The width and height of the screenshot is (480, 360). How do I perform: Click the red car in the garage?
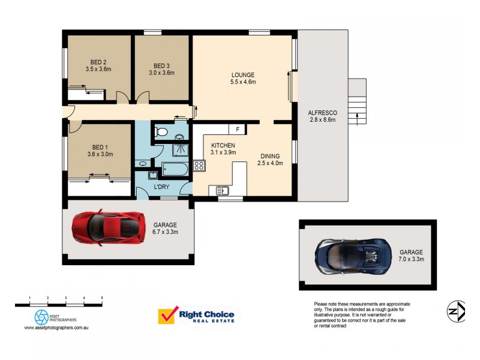(x=109, y=226)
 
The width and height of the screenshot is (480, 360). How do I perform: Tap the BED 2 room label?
(x=98, y=65)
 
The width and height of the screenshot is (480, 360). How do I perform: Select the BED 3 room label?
(x=161, y=69)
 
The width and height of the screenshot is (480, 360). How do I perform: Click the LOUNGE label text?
(x=244, y=79)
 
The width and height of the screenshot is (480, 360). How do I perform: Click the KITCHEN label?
(x=223, y=149)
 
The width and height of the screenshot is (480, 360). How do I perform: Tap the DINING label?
(x=269, y=160)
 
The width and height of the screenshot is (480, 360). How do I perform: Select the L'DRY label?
(x=161, y=187)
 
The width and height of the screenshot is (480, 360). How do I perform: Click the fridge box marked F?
(x=238, y=129)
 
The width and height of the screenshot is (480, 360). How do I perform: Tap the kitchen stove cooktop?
(x=199, y=165)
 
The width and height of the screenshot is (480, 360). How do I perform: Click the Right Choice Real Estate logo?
(x=196, y=316)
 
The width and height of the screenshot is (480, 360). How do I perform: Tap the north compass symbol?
(x=456, y=310)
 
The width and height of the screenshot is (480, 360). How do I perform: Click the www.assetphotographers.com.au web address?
(x=57, y=328)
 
